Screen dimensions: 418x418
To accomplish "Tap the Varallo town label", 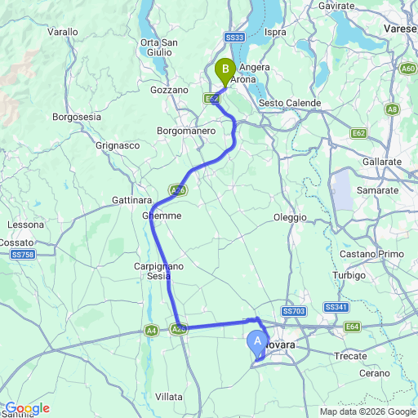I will pyautogui.click(x=63, y=32).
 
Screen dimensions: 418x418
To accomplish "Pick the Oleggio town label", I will pyautogui.click(x=290, y=217).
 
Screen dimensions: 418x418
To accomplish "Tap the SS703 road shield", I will pyautogui.click(x=293, y=311).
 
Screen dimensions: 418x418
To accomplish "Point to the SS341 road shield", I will pyautogui.click(x=336, y=307).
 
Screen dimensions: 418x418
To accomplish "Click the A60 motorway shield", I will pyautogui.click(x=409, y=69).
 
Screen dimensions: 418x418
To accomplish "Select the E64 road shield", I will pyautogui.click(x=353, y=327).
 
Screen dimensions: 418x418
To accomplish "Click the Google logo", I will pyautogui.click(x=26, y=408).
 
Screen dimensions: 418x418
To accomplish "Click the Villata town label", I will pyautogui.click(x=169, y=396).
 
